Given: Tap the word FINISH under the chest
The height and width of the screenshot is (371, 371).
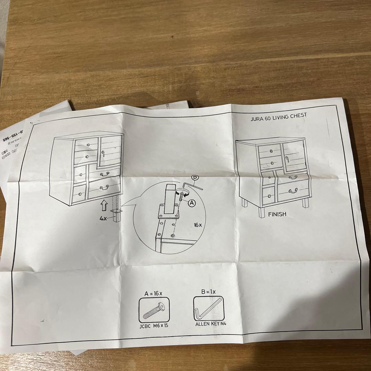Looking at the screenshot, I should [x=277, y=214].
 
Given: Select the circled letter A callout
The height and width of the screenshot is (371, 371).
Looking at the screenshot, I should [x=192, y=203].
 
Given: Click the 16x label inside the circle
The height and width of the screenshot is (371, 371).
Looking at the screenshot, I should [x=198, y=225].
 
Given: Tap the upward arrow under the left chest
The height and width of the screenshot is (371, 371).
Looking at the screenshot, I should [x=103, y=206].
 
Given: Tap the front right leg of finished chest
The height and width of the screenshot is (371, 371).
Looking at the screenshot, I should [x=305, y=203].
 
